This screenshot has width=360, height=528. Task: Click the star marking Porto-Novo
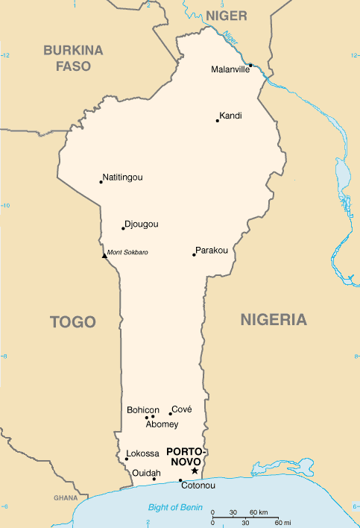pyautogui.click(x=195, y=471)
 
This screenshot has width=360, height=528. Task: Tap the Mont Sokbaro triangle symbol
pyautogui.click(x=104, y=256)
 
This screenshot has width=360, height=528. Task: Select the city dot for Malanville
pyautogui.click(x=251, y=65)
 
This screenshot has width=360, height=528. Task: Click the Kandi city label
pyautogui.click(x=230, y=116)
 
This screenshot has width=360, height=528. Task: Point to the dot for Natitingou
pyautogui.click(x=101, y=181)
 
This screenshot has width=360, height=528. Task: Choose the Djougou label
pyautogui.click(x=142, y=224)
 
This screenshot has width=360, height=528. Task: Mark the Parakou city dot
pyautogui.click(x=194, y=255)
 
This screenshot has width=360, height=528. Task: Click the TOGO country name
pyautogui.click(x=73, y=322)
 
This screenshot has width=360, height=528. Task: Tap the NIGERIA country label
pyautogui.click(x=274, y=320)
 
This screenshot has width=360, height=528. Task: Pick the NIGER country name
pyautogui.click(x=227, y=16)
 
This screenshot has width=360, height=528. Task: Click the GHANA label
pyautogui.click(x=66, y=497)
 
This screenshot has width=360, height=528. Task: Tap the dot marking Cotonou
pyautogui.click(x=180, y=480)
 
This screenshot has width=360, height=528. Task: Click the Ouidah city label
pyautogui.click(x=145, y=473)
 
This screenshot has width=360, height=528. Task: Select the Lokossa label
pyautogui.click(x=142, y=453)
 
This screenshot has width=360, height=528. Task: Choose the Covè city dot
pyautogui.click(x=170, y=414)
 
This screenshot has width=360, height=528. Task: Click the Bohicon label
pyautogui.click(x=142, y=410)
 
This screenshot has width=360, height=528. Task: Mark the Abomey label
pyautogui.click(x=162, y=424)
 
